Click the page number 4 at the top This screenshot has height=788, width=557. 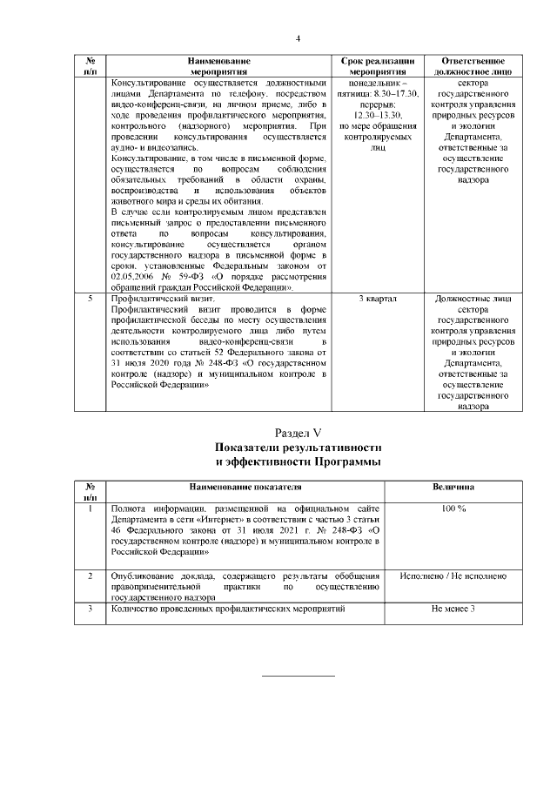[x=298, y=38]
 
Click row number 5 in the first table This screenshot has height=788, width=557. [x=91, y=300]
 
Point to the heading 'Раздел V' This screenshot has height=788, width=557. [x=298, y=432]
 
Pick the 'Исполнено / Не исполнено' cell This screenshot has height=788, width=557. [x=452, y=576]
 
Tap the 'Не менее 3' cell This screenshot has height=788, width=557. [x=452, y=610]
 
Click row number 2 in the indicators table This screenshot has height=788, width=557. [x=91, y=576]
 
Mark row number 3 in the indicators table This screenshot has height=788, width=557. [x=91, y=610]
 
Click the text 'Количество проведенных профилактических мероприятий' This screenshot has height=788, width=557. [x=225, y=610]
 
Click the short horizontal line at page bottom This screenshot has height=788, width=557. [x=298, y=676]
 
